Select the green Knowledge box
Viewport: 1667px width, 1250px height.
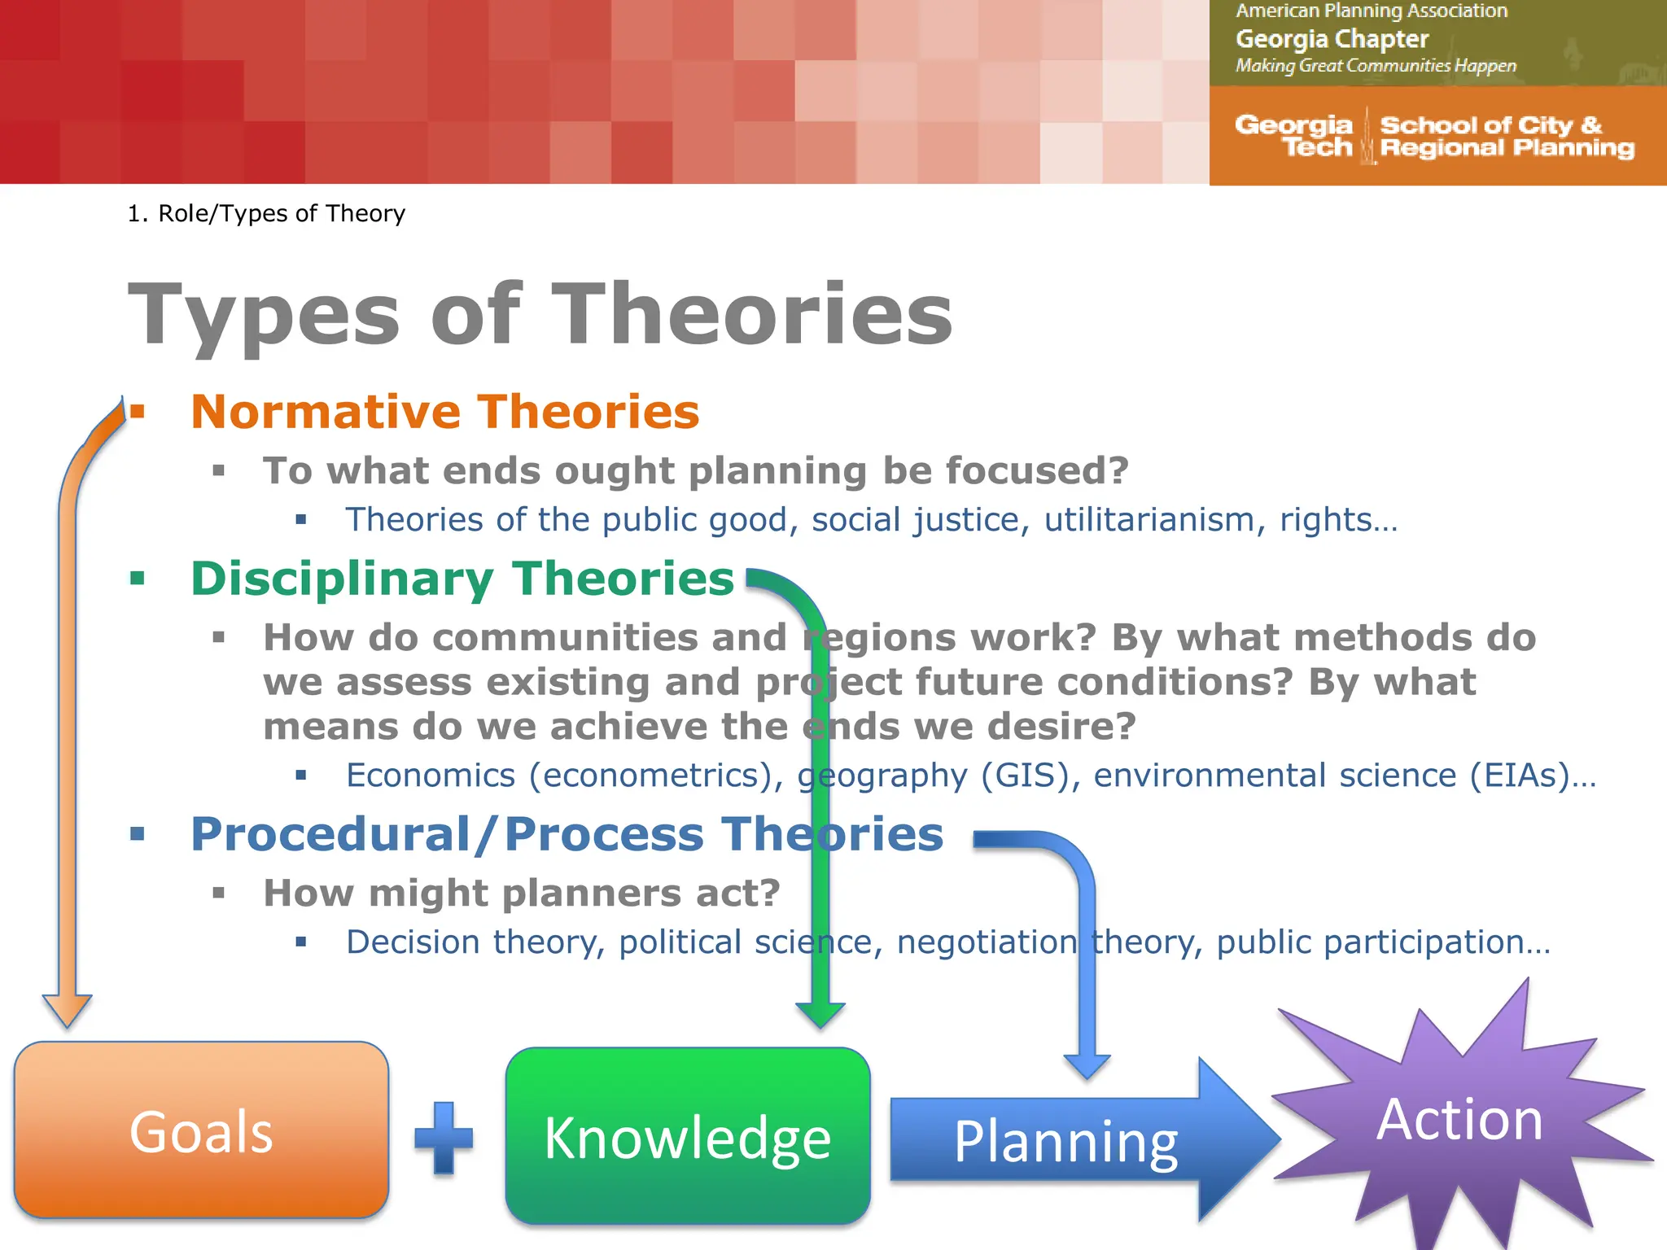[x=688, y=1136]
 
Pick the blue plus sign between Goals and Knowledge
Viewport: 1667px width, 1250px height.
[x=444, y=1138]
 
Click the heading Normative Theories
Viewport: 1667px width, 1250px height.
[x=444, y=412]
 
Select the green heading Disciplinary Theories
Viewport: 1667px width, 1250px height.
[x=462, y=579]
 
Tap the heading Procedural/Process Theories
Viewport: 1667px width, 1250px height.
[x=567, y=835]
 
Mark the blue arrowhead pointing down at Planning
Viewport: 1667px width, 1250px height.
[x=1087, y=1066]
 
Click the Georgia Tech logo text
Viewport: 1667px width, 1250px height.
[x=1294, y=136]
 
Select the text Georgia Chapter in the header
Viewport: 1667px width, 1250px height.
[x=1332, y=39]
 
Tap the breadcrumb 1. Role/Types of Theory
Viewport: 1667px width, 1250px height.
[x=266, y=213]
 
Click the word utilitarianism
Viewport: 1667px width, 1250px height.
[x=1149, y=520]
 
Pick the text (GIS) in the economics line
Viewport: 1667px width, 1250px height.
[x=1025, y=776]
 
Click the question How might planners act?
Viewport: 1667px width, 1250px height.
[x=522, y=894]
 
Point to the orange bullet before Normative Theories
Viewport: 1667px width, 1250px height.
[x=138, y=412]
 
